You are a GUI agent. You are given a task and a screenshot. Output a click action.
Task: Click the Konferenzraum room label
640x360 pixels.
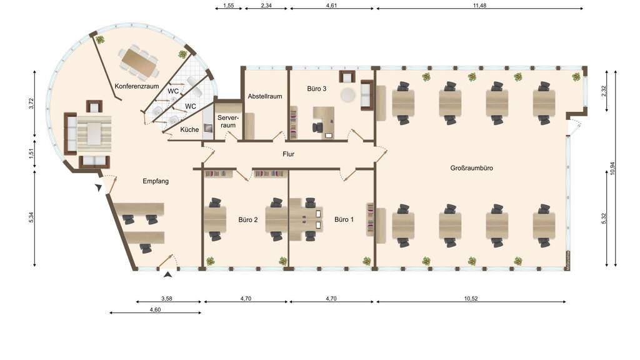click(136, 86)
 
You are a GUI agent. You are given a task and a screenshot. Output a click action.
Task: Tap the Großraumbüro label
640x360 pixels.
click(471, 167)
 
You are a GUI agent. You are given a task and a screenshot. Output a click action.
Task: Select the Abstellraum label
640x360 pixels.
click(265, 96)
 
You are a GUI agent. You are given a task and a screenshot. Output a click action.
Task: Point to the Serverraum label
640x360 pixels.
click(227, 121)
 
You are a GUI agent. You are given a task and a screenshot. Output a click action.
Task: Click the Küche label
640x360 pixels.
click(189, 129)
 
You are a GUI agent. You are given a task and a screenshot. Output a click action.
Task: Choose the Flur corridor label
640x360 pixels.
click(288, 154)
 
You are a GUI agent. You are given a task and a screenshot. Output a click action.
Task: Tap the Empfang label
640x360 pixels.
click(156, 181)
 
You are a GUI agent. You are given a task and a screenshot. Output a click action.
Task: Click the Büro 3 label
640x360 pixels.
click(317, 88)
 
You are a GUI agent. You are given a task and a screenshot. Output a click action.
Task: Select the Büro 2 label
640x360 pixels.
click(248, 219)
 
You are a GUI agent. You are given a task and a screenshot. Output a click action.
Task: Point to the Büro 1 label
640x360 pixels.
click(344, 219)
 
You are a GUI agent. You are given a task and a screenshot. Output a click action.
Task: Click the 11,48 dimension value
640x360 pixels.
click(479, 6)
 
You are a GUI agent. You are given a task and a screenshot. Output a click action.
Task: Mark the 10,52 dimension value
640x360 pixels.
click(471, 298)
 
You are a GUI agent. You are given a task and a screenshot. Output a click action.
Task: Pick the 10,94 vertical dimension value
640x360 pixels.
click(612, 168)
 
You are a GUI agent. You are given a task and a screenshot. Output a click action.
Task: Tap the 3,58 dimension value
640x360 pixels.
click(166, 298)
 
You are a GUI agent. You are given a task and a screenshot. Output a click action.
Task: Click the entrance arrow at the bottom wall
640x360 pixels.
click(167, 275)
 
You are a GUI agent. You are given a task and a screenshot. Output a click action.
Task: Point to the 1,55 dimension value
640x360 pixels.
click(229, 6)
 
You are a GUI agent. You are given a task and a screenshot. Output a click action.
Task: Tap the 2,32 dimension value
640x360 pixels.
click(604, 91)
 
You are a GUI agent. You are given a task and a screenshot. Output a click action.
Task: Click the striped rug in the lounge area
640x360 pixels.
click(94, 134)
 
